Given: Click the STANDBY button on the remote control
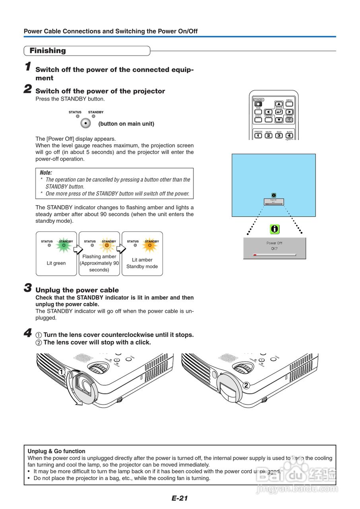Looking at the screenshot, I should [x=257, y=104].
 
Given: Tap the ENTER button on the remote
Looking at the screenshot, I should [x=279, y=112].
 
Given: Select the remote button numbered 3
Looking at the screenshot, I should [x=279, y=136].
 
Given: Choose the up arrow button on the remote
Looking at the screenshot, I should [x=279, y=104].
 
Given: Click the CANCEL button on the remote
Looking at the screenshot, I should [x=269, y=119].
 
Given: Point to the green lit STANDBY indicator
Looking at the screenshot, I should [x=64, y=246].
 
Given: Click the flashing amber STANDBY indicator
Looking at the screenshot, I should [x=106, y=246].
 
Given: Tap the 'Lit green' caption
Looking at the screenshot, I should [x=56, y=263].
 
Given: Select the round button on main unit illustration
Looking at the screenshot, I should [x=85, y=123].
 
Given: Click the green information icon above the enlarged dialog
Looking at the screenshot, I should [x=275, y=229].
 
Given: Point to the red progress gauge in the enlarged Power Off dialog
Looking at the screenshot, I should [x=255, y=254].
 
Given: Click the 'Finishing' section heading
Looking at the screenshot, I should [x=48, y=51].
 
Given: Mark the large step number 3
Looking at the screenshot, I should [x=28, y=288].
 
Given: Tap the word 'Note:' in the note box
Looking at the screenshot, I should [x=46, y=173].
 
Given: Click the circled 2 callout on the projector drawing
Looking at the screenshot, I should [x=246, y=385].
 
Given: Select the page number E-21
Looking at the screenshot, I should [x=180, y=498].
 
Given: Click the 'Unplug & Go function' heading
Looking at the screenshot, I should [x=56, y=451].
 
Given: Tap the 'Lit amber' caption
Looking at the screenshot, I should [x=142, y=260].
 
